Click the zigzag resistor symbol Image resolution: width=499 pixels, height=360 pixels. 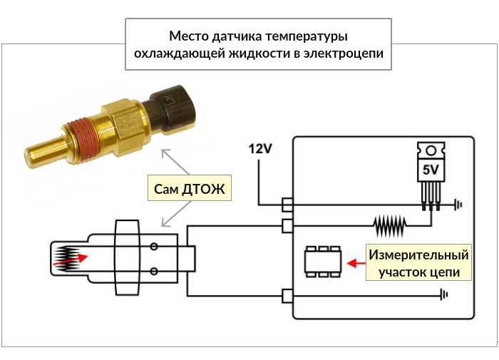point(390,227)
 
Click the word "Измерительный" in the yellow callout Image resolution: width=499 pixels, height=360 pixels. point(419,254)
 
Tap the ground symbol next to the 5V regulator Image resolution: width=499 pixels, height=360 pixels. point(458,205)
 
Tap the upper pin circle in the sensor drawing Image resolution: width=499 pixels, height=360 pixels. point(153,247)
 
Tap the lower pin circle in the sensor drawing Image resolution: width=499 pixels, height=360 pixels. point(153,271)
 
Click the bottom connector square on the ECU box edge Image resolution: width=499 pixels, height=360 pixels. point(287,294)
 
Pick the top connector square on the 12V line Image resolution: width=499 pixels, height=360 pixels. point(287,205)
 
